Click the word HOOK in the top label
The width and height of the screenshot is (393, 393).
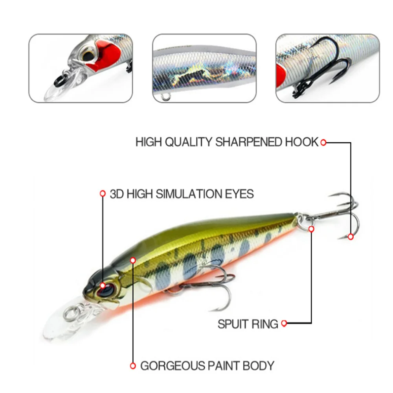pyautogui.click(x=301, y=142)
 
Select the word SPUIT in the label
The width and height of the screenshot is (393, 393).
pyautogui.click(x=233, y=324)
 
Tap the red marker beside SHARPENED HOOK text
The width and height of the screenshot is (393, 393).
pyautogui.click(x=323, y=142)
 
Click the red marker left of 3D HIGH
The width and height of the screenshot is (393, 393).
pyautogui.click(x=103, y=193)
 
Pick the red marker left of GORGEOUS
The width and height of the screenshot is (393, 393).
pyautogui.click(x=133, y=366)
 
